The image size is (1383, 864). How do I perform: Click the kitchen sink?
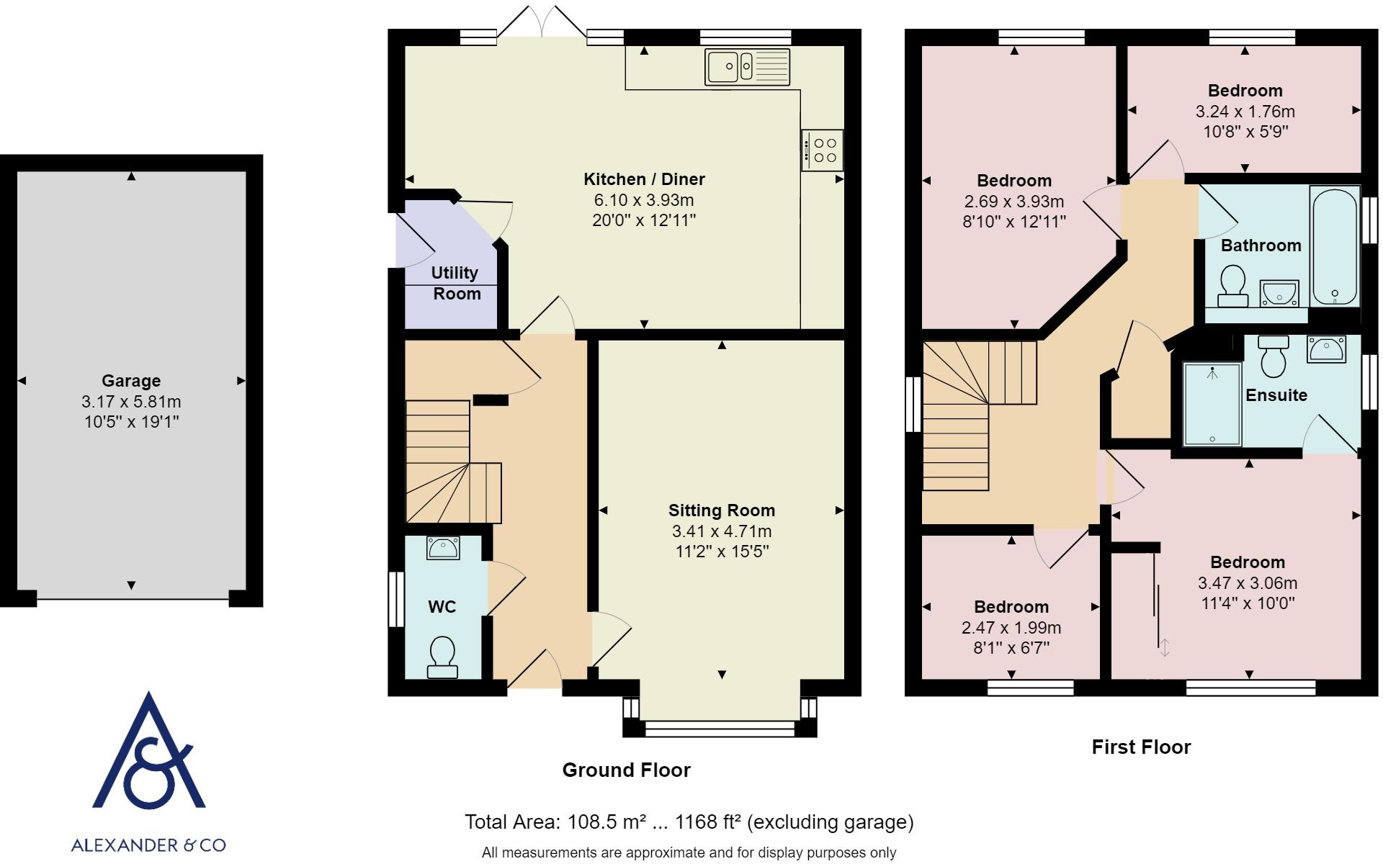click(748, 67)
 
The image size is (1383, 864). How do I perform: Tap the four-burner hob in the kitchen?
click(822, 150)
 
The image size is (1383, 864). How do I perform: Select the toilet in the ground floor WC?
click(442, 657)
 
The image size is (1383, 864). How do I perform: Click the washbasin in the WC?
click(443, 548)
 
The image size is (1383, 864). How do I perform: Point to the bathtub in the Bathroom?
click(1335, 247)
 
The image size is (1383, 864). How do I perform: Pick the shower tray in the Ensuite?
click(1213, 404)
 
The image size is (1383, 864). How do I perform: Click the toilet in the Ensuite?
click(1274, 356)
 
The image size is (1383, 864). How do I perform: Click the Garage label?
click(131, 381)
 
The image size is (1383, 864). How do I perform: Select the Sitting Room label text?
click(722, 510)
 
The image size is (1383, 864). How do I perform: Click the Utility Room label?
click(456, 283)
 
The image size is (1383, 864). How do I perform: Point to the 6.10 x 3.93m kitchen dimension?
click(644, 200)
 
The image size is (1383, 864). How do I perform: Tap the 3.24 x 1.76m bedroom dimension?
click(1245, 112)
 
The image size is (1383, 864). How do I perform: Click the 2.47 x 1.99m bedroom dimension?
click(1011, 628)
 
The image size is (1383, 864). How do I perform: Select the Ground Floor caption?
click(627, 770)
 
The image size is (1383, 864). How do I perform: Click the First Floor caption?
click(1142, 747)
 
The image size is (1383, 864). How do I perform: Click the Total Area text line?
click(689, 822)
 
